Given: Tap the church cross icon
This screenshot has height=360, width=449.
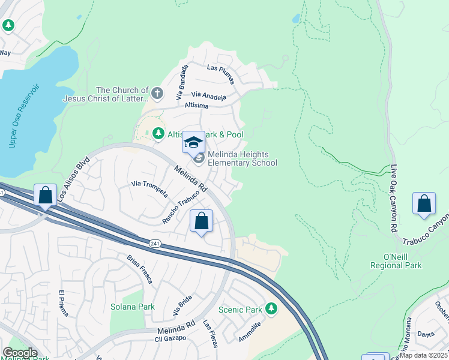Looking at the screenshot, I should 157,93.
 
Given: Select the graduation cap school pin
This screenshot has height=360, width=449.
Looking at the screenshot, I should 193,143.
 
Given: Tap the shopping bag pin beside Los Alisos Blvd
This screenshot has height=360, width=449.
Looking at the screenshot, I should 46,196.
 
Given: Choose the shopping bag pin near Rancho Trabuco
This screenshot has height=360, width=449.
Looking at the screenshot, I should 202,221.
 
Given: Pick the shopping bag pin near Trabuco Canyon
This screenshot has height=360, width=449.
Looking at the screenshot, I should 424,204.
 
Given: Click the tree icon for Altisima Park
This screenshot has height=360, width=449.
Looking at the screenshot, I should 158,134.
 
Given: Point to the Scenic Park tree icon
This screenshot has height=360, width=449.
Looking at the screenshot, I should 271,309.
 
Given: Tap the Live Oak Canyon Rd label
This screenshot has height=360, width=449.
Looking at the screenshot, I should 394,199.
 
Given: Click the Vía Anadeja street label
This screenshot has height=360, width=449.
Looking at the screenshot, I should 209,95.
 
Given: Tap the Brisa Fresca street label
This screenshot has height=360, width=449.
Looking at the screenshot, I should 140,269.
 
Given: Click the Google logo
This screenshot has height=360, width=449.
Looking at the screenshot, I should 20,353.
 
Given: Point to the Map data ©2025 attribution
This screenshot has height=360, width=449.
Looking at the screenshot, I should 423,355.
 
